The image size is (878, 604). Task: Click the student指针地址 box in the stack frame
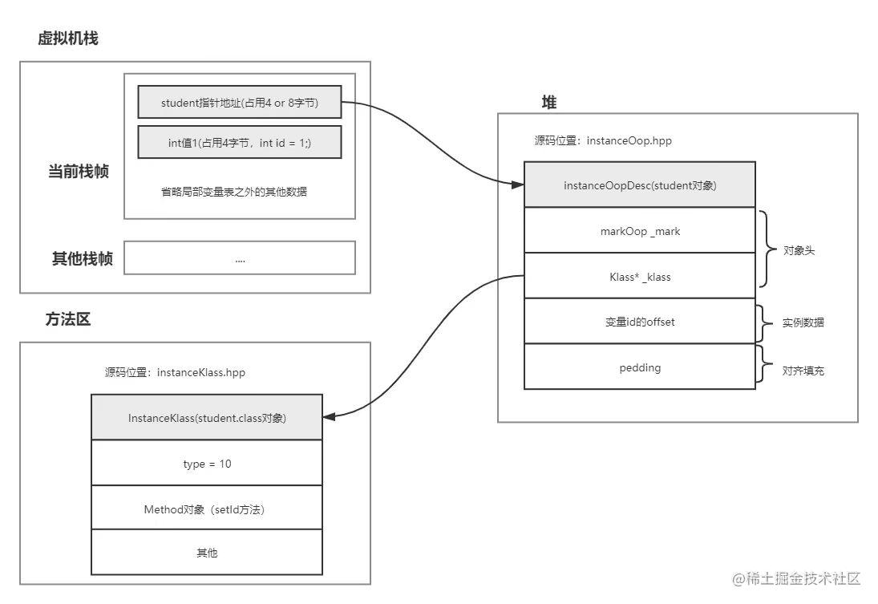(x=239, y=102)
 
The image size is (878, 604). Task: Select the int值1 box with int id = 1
(x=239, y=142)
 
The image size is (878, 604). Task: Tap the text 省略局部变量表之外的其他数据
(x=240, y=193)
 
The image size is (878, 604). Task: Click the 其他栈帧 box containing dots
(x=239, y=258)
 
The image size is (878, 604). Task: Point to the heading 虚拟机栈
(x=68, y=39)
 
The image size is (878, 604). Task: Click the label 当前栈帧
(x=78, y=171)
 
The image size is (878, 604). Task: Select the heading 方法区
(x=68, y=319)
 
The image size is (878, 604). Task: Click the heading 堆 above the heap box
(x=549, y=102)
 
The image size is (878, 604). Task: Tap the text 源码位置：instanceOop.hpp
(x=602, y=140)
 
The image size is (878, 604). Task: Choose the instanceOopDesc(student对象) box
(x=639, y=185)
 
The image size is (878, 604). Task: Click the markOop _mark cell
(x=639, y=231)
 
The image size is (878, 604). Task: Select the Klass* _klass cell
(x=639, y=277)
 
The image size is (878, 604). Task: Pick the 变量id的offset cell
(x=639, y=322)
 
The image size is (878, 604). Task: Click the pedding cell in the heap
(x=639, y=367)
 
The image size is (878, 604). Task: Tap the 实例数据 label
(x=803, y=323)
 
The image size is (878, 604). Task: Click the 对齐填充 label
(x=803, y=371)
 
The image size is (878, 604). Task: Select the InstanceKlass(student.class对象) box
(x=207, y=418)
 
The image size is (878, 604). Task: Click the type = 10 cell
(x=207, y=464)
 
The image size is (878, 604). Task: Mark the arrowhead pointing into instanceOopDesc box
(x=518, y=185)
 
